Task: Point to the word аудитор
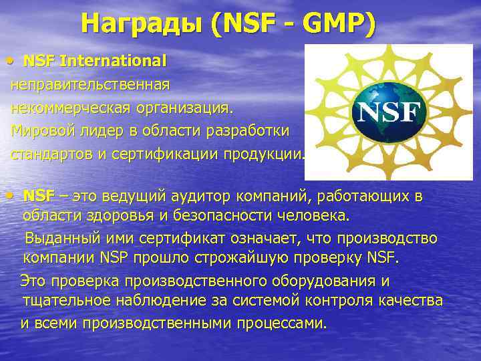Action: coord(194,197)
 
